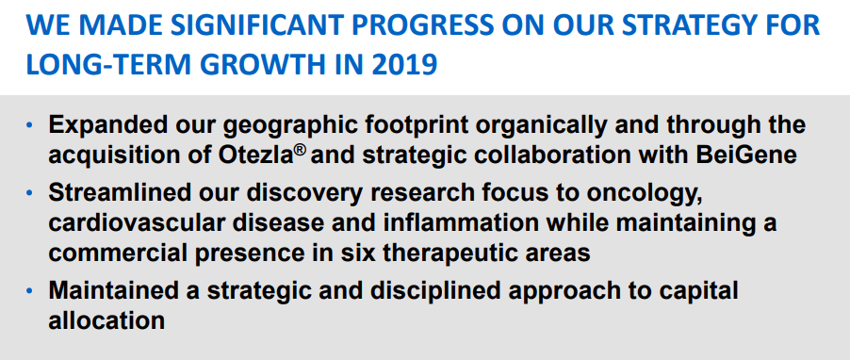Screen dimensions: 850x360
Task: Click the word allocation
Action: coord(106,320)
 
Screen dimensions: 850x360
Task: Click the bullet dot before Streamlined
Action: coord(30,193)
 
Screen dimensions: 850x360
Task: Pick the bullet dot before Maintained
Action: coord(30,292)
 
